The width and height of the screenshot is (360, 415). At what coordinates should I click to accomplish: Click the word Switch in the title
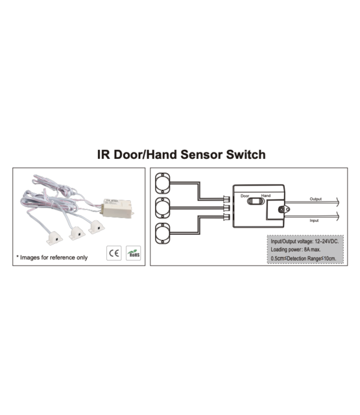coord(242,156)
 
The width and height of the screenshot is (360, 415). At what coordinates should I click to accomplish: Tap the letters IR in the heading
coord(103,156)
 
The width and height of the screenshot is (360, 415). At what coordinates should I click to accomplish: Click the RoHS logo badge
coord(134,252)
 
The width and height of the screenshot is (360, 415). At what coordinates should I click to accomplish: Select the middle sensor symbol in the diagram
coord(163,209)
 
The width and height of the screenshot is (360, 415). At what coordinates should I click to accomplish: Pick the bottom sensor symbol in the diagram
coord(163,232)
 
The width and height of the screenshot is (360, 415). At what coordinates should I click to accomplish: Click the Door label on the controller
coord(245,195)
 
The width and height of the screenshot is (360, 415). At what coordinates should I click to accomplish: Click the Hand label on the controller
coord(265,195)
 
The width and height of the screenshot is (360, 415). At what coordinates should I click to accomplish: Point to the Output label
coord(316,198)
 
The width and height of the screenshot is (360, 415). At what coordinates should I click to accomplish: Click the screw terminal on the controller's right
coord(282,209)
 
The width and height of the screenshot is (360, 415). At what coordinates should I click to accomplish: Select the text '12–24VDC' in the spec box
coord(324,241)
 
